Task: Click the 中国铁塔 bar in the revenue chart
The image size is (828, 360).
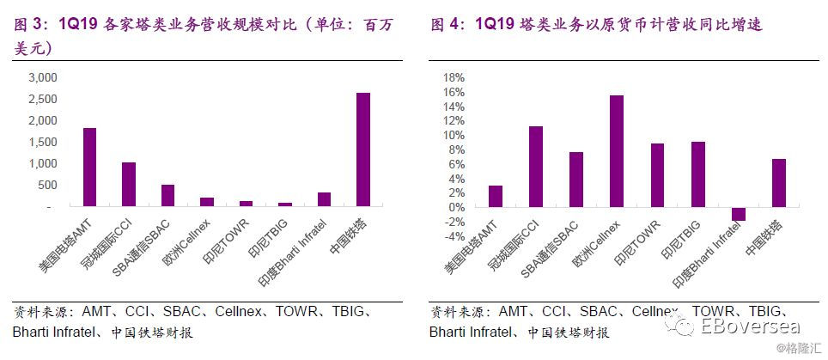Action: (362, 149)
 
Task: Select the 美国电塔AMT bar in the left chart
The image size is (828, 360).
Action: (90, 167)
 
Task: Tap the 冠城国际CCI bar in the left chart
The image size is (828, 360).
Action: (129, 184)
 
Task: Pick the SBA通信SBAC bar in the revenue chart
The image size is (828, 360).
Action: (168, 195)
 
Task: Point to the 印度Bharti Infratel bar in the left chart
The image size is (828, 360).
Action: (324, 199)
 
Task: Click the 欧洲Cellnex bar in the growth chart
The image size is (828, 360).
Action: (617, 151)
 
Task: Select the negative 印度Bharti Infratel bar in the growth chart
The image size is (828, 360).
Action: (738, 214)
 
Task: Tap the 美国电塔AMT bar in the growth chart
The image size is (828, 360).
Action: (496, 197)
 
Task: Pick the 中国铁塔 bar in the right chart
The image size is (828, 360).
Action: (779, 183)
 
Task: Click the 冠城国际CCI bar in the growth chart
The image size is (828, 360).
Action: (536, 167)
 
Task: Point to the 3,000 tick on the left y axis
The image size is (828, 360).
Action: (42, 78)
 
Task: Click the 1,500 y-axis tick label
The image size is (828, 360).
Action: (42, 143)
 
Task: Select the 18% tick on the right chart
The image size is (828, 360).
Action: (454, 78)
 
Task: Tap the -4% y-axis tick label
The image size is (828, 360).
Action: (454, 236)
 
